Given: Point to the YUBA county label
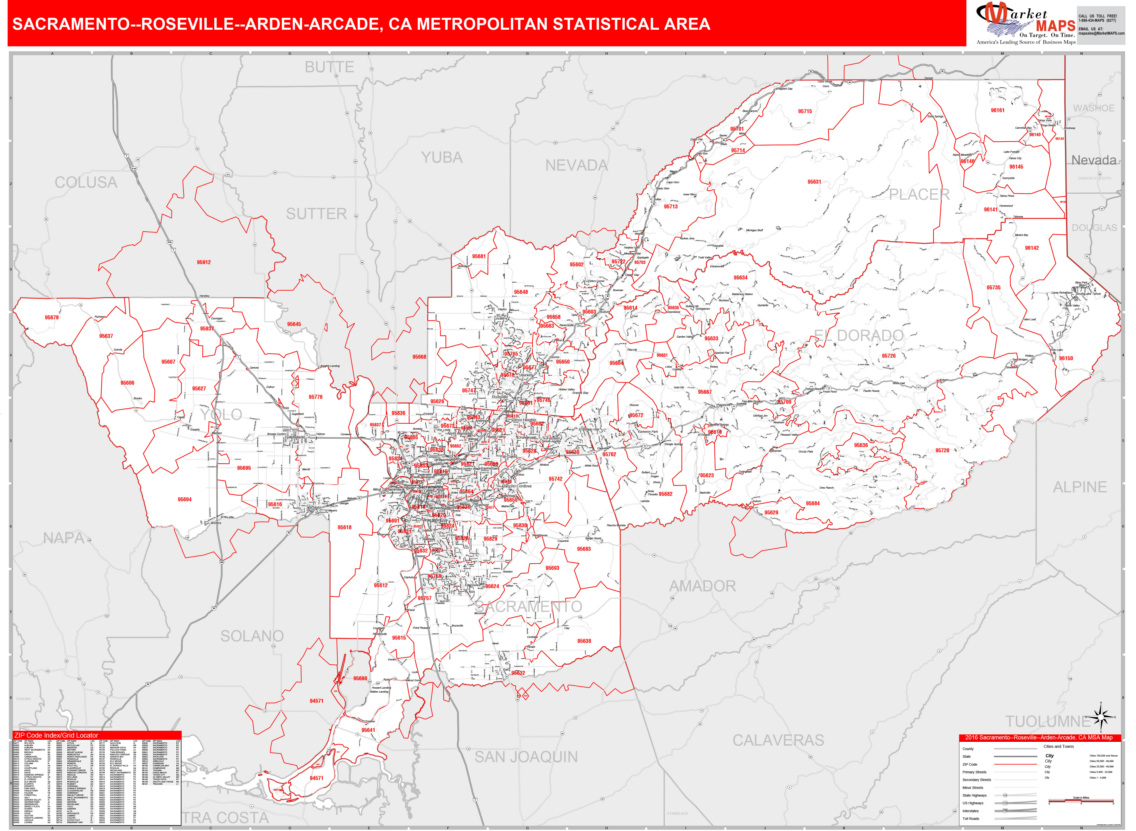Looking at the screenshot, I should pos(442,158).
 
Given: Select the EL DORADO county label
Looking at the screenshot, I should pos(859,335).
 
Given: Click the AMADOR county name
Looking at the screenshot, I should pos(702,586).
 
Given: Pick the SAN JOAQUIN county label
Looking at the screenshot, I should pos(526,757).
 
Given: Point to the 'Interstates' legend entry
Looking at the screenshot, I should pos(971,811).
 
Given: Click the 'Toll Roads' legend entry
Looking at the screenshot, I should pos(971,818).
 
